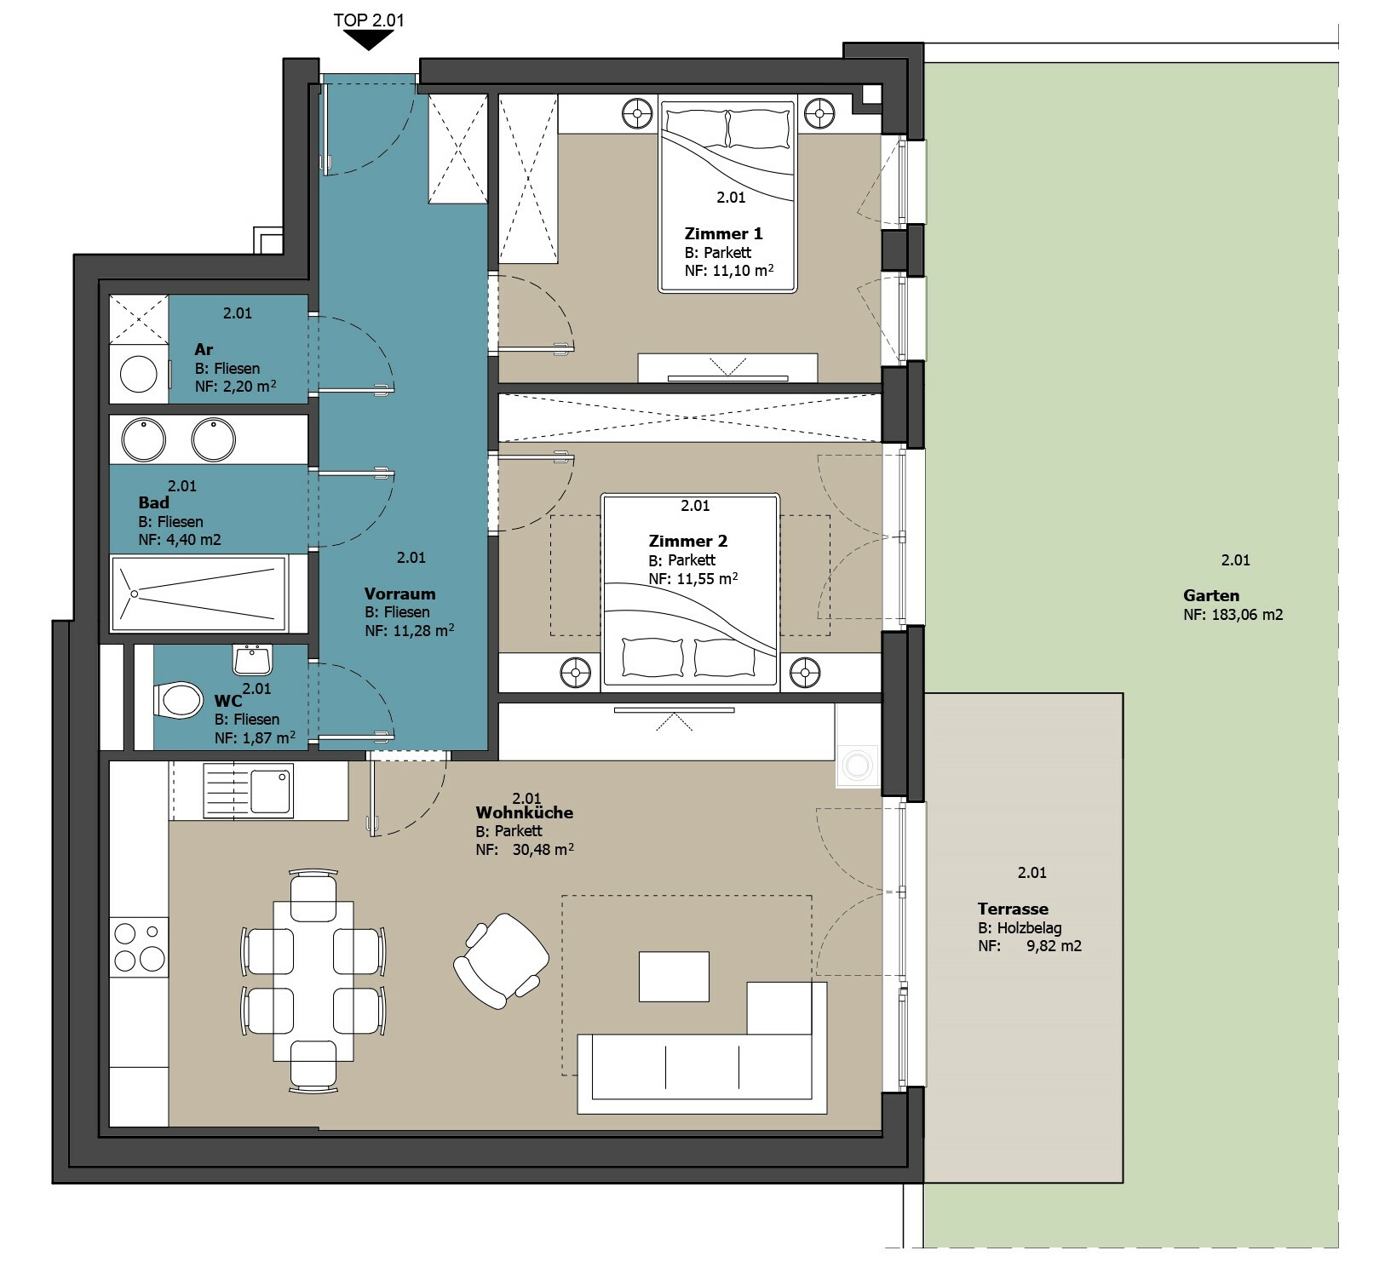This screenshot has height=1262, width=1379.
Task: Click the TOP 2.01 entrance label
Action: [x=368, y=20]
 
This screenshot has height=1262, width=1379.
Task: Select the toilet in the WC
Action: [x=179, y=701]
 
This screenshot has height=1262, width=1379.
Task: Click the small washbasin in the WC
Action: [x=252, y=659]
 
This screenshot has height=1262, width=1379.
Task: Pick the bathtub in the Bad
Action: [x=198, y=593]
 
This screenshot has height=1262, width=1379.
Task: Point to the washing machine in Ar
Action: [x=139, y=374]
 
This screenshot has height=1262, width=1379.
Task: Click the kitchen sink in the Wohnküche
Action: [x=248, y=791]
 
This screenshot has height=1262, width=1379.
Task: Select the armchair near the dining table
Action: [x=501, y=961]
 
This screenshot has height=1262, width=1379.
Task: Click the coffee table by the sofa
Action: [x=674, y=977]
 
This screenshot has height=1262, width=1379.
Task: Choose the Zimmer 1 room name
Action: [x=723, y=233]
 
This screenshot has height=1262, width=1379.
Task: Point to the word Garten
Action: [x=1210, y=596]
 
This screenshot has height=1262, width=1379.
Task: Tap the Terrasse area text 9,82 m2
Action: [x=1054, y=946]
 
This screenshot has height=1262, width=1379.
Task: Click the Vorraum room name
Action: [x=399, y=594]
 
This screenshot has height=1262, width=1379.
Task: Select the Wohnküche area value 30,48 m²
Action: [x=543, y=850]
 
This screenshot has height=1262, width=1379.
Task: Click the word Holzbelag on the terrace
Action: [x=1029, y=928]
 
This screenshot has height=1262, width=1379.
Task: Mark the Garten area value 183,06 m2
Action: [x=1247, y=615]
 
